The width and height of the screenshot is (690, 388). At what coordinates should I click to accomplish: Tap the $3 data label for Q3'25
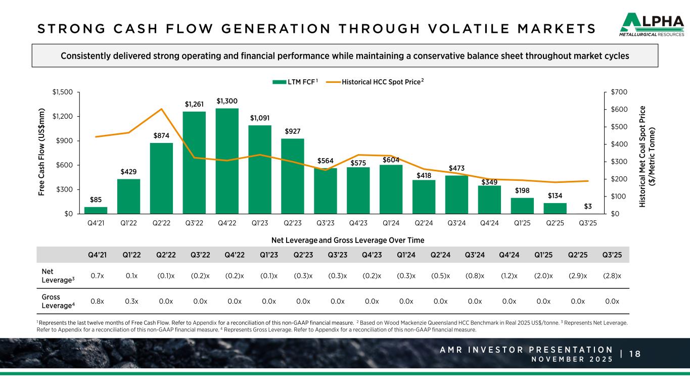(x=588, y=206)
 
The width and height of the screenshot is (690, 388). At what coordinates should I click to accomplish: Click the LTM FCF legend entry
(x=295, y=81)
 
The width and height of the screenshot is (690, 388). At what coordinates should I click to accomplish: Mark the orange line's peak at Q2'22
(x=161, y=109)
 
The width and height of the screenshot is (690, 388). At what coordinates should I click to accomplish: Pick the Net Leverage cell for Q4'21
(x=98, y=275)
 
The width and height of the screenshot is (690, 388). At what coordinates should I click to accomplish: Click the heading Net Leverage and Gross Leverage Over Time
(x=345, y=240)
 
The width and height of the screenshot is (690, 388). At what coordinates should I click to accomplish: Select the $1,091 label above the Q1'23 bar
(x=260, y=118)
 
